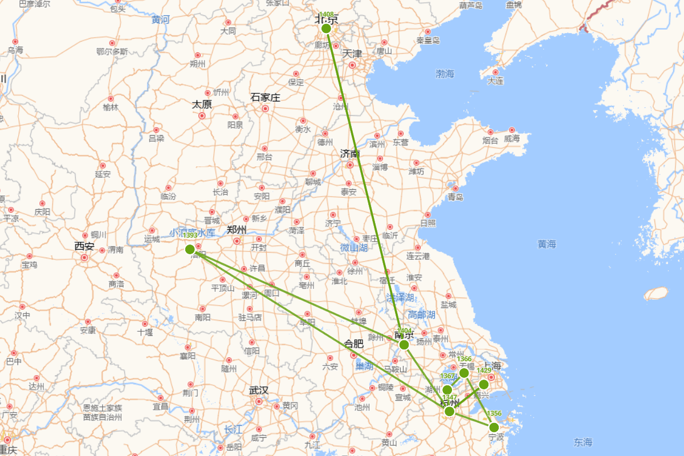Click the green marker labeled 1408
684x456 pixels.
click(326, 28)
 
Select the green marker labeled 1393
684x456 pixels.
click(190, 249)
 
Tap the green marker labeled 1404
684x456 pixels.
click(404, 345)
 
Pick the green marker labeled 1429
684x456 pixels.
click(484, 384)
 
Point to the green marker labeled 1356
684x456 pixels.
click(494, 427)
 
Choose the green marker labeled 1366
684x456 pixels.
click(464, 373)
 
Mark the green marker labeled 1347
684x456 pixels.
click(449, 411)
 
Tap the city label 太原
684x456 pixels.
click(202, 104)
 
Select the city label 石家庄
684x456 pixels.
click(265, 97)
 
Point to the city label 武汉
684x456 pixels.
click(258, 390)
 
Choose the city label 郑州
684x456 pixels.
click(237, 230)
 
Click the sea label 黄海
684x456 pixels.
click(546, 244)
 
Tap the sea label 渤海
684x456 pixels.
click(445, 74)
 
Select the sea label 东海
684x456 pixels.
click(583, 442)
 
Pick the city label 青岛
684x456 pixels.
click(455, 197)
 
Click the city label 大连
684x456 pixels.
click(495, 81)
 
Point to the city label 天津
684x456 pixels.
click(352, 54)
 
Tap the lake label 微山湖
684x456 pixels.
click(354, 247)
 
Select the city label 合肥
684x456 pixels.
click(353, 343)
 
